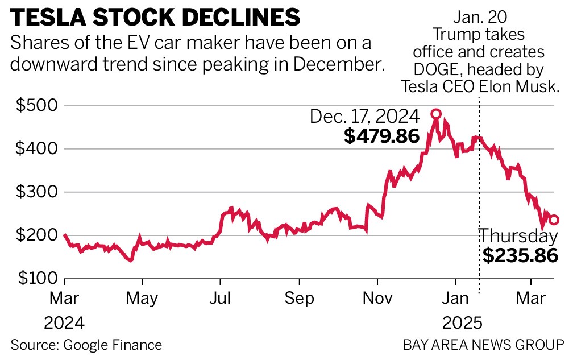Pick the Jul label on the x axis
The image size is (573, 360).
[220, 297]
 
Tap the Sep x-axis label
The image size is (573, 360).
[300, 297]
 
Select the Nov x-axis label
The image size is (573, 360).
[377, 297]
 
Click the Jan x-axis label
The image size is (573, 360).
[455, 297]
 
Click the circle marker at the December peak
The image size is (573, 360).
[436, 114]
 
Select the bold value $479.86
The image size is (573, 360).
[381, 136]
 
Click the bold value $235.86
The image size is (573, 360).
[520, 256]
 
